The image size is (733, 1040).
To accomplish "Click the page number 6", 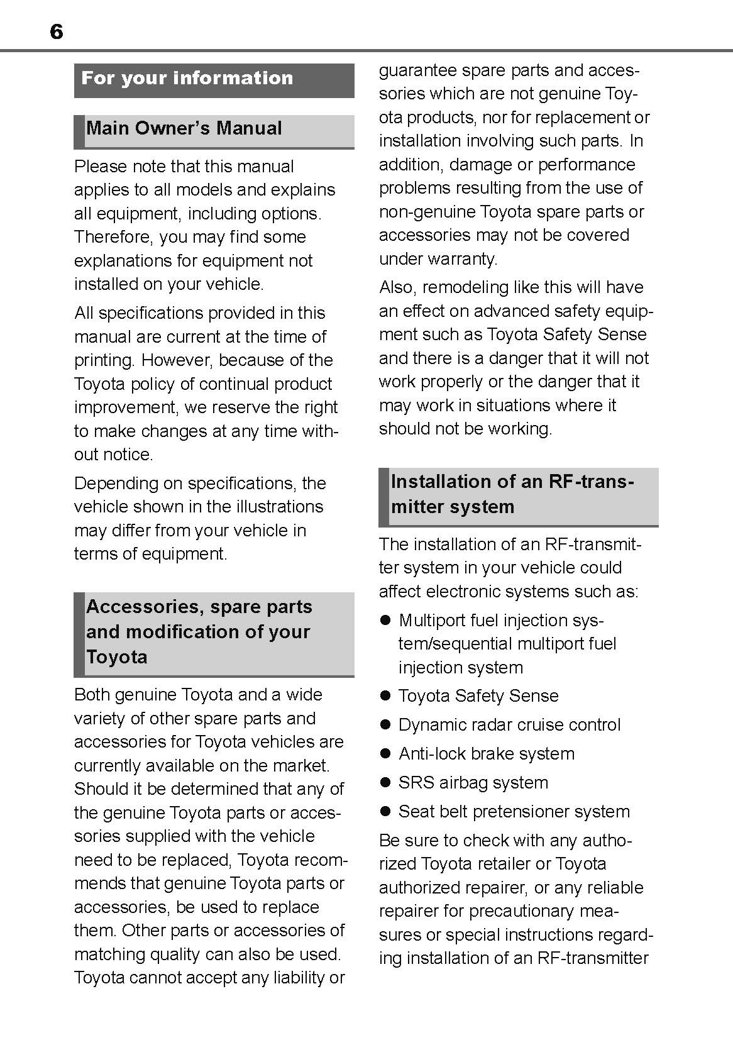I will tap(56, 31).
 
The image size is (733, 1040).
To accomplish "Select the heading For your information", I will tap(187, 78).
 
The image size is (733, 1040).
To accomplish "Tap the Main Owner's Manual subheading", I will tap(184, 128).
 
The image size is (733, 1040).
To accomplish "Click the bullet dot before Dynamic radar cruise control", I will tap(386, 725).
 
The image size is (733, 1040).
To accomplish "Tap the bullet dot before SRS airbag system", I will tap(386, 783).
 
